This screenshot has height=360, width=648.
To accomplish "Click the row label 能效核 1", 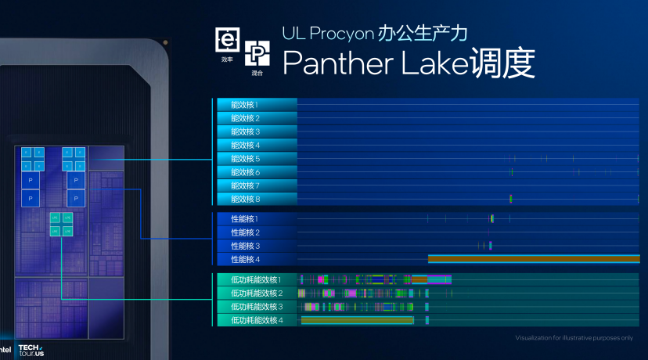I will pyautogui.click(x=244, y=104).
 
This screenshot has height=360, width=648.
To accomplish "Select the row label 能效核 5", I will pyautogui.click(x=244, y=159).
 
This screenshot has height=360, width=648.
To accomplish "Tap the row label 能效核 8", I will pyautogui.click(x=244, y=200).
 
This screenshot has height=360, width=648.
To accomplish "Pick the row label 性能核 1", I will pyautogui.click(x=244, y=219).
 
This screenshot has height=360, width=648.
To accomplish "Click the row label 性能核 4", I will pyautogui.click(x=244, y=259).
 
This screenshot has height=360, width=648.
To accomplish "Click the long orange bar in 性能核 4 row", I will pyautogui.click(x=532, y=258).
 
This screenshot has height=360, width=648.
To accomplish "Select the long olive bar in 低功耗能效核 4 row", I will pyautogui.click(x=357, y=320).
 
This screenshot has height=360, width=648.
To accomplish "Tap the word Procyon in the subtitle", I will pyautogui.click(x=344, y=34).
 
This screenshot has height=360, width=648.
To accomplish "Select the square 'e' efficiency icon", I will pyautogui.click(x=227, y=38).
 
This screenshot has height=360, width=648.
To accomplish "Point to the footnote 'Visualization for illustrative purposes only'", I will pyautogui.click(x=574, y=338).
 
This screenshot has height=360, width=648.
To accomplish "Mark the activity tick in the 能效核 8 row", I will pyautogui.click(x=510, y=199).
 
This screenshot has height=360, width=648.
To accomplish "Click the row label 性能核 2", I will pyautogui.click(x=244, y=232).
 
